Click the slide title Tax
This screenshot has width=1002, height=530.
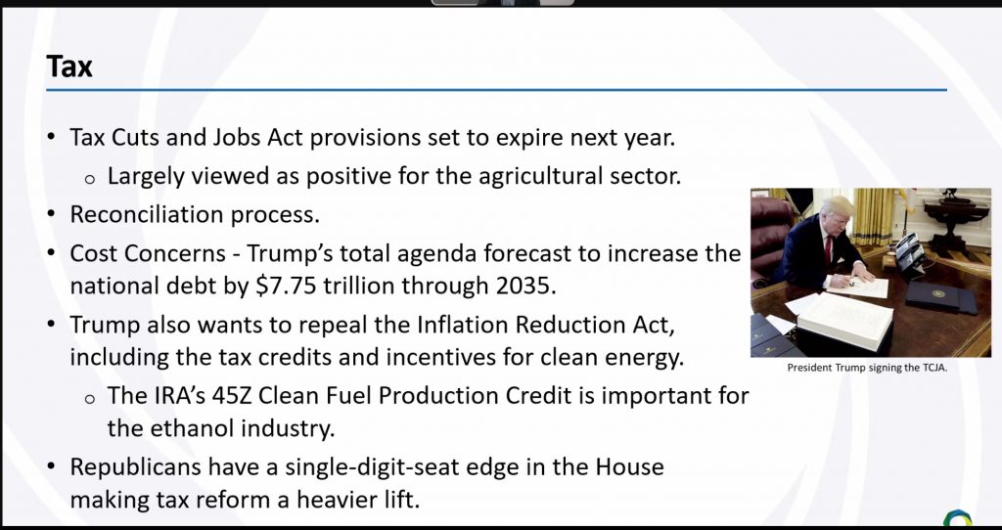click(x=69, y=66)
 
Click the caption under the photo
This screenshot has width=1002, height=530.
click(x=867, y=367)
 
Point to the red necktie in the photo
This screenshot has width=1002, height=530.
click(x=828, y=249)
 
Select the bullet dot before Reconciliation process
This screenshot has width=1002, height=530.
click(x=52, y=214)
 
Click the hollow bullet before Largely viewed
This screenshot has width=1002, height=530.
click(x=90, y=180)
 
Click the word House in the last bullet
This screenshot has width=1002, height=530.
click(x=630, y=467)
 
